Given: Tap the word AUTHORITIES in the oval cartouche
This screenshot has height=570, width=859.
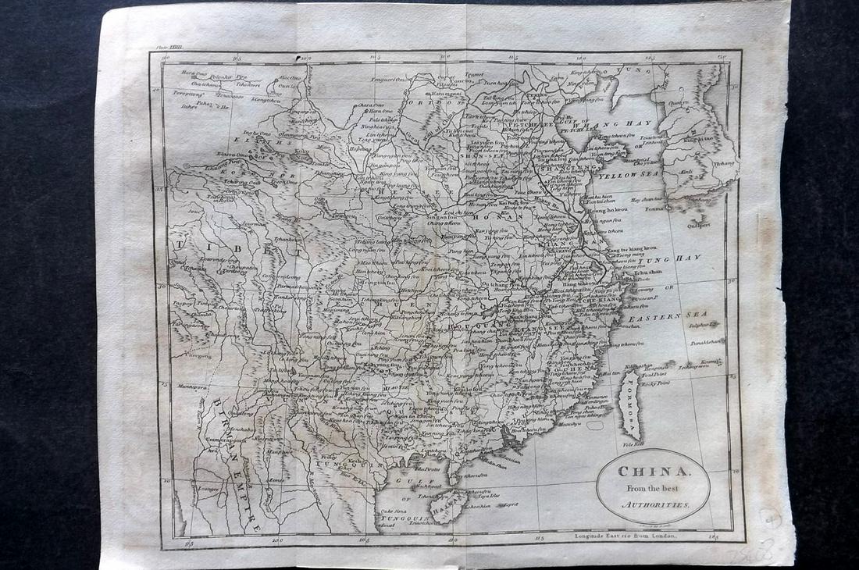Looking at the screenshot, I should [x=656, y=505].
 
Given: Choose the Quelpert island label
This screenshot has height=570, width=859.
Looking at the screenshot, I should [x=698, y=225].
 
